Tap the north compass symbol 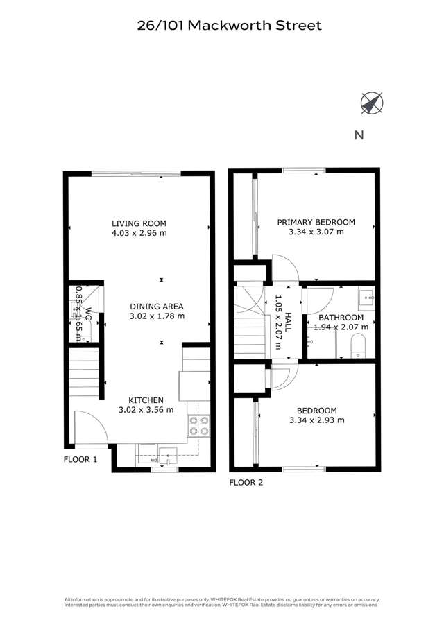(371, 103)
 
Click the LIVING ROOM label (139, 223)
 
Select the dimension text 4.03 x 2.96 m (139, 234)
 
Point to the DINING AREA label (157, 306)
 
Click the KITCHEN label (146, 400)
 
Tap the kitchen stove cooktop (199, 424)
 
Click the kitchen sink (168, 457)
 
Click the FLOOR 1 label (80, 459)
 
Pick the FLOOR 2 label (246, 482)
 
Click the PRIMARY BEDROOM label (316, 223)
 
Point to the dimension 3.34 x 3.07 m (316, 232)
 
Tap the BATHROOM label (341, 317)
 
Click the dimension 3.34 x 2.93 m (316, 420)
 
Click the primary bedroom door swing (283, 269)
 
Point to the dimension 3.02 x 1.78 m (157, 316)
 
